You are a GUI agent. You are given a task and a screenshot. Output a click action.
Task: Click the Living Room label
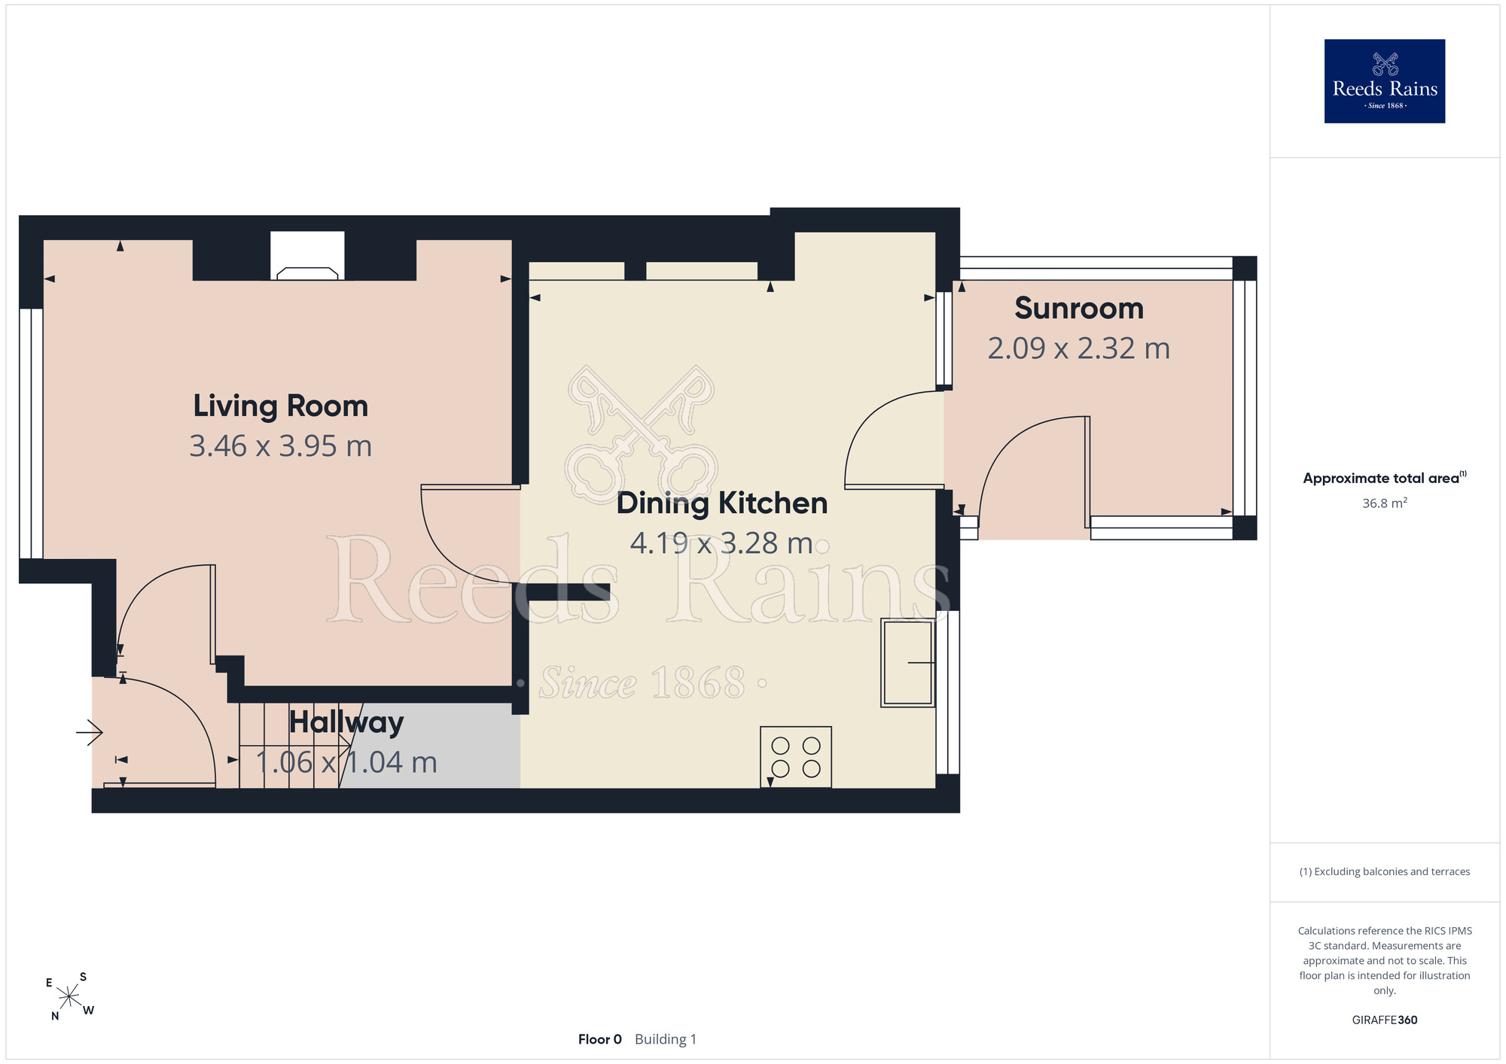pyautogui.click(x=281, y=406)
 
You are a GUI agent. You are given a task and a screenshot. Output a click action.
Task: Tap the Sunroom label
pyautogui.click(x=1079, y=309)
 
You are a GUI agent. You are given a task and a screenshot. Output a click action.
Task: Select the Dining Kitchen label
pyautogui.click(x=722, y=503)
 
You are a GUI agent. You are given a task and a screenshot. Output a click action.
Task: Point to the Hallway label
pyautogui.click(x=346, y=722)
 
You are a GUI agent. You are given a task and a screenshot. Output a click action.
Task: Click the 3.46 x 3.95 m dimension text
pyautogui.click(x=281, y=446)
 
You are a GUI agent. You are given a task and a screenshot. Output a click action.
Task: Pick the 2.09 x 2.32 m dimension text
pyautogui.click(x=1079, y=348)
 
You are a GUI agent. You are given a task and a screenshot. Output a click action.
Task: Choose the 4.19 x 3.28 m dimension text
pyautogui.click(x=721, y=543)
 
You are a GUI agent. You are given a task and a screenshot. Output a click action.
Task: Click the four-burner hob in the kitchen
pyautogui.click(x=796, y=757)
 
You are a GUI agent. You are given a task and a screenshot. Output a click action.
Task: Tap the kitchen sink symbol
pyautogui.click(x=908, y=663)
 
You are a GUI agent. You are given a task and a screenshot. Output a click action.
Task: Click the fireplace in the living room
pyautogui.click(x=307, y=257)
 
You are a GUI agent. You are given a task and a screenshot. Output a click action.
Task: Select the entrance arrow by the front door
pyautogui.click(x=90, y=732)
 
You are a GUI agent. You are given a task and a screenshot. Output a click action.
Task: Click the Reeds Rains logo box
pyautogui.click(x=1385, y=81)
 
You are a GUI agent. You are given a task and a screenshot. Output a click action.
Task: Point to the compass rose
pyautogui.click(x=69, y=997)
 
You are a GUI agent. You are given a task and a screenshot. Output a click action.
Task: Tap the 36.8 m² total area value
pyautogui.click(x=1385, y=503)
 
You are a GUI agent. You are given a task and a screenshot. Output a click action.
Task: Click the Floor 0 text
pyautogui.click(x=600, y=1039)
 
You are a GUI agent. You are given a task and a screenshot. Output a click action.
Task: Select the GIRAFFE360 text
pyautogui.click(x=1385, y=1020)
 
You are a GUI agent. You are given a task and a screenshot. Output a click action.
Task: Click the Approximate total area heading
pyautogui.click(x=1385, y=478)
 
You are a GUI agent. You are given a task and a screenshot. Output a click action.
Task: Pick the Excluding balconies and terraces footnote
pyautogui.click(x=1385, y=871)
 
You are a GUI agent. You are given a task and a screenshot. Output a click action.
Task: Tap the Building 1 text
pyautogui.click(x=666, y=1039)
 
